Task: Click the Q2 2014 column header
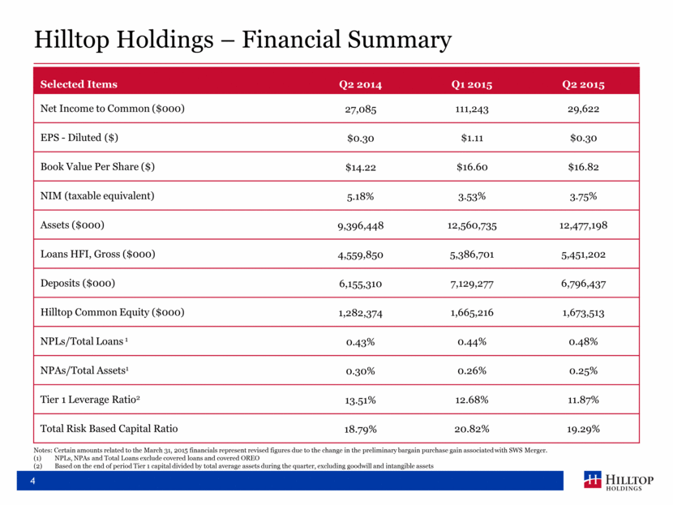(360, 84)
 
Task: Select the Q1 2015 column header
(472, 84)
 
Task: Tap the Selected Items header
(79, 84)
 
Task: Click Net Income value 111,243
(472, 109)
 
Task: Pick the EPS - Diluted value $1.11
(472, 138)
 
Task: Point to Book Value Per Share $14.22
(361, 167)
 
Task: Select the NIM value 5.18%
(360, 196)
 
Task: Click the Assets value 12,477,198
(583, 225)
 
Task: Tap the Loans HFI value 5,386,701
(472, 255)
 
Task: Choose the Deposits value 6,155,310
(360, 284)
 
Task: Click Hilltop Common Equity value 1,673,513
(583, 313)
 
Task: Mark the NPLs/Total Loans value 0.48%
(583, 342)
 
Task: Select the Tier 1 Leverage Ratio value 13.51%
(360, 400)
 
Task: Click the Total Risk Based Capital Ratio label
(109, 429)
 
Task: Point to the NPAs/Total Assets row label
(84, 370)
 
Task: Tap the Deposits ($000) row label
(78, 283)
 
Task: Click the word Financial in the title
(291, 40)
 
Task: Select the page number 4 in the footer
(32, 481)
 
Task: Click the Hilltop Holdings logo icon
(592, 479)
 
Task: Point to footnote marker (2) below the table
(38, 466)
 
